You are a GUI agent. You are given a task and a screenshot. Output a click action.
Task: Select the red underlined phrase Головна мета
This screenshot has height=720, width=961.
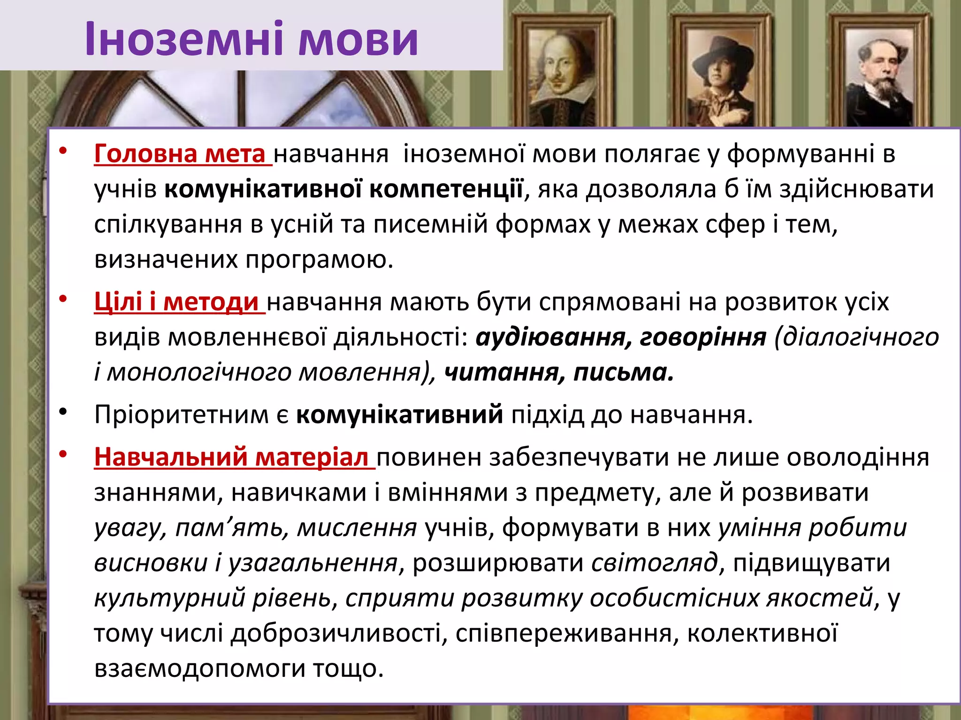(180, 154)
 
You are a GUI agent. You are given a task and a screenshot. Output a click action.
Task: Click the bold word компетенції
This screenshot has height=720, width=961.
(446, 189)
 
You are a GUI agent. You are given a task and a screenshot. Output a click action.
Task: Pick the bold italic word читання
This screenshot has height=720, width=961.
(504, 373)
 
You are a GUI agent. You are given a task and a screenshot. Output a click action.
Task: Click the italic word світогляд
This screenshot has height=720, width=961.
(654, 562)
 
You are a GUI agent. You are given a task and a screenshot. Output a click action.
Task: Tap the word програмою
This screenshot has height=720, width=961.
(319, 260)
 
